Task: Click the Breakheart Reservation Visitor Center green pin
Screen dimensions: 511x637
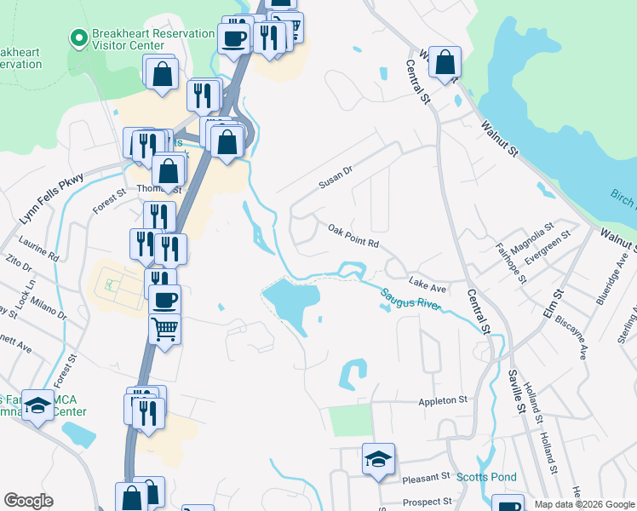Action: pyautogui.click(x=78, y=38)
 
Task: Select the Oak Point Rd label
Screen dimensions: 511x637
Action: pyautogui.click(x=353, y=236)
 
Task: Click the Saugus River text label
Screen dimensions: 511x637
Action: pyautogui.click(x=410, y=298)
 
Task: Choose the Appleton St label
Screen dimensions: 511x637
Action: pyautogui.click(x=443, y=399)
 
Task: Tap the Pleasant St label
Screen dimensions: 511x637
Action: pyautogui.click(x=427, y=476)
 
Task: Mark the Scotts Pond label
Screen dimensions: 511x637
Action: pyautogui.click(x=483, y=477)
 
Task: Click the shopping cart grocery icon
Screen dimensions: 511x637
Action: pyautogui.click(x=164, y=327)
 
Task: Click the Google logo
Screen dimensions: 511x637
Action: pyautogui.click(x=28, y=501)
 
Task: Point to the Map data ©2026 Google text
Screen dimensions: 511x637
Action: pyautogui.click(x=583, y=504)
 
